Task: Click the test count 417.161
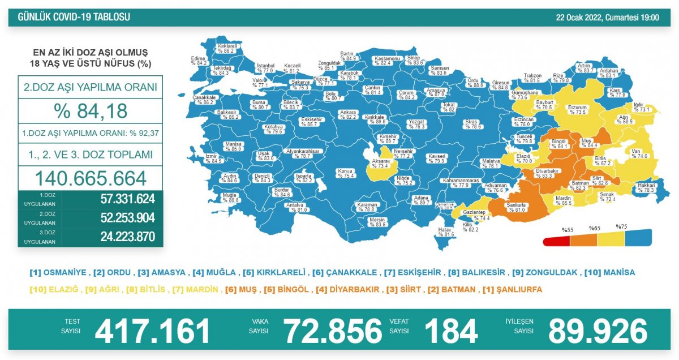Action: pyautogui.click(x=152, y=331)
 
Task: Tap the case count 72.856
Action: pyautogui.click(x=333, y=331)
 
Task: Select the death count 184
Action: pyautogui.click(x=450, y=331)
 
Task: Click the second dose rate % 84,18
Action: pyautogui.click(x=90, y=111)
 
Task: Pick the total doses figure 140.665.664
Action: pyautogui.click(x=91, y=178)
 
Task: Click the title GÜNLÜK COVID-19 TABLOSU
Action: pyautogui.click(x=74, y=18)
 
